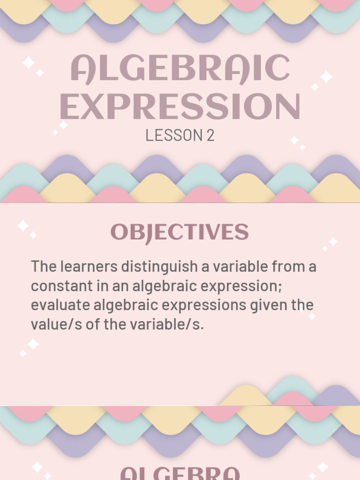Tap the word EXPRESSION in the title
click(180, 107)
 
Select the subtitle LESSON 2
click(180, 135)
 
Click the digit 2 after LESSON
click(210, 135)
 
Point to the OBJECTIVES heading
click(180, 232)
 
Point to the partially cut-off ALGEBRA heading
click(180, 472)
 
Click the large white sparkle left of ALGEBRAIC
click(28, 62)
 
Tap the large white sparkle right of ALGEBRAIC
click(326, 76)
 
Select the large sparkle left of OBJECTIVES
click(22, 225)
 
